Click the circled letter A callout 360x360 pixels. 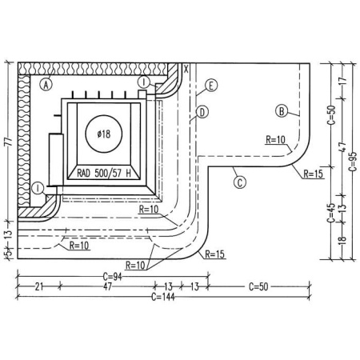46,85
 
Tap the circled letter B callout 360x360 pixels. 282,111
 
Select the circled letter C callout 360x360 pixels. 240,182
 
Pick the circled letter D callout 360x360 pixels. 202,112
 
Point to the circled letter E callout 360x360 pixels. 211,86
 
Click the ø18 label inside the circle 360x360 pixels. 104,134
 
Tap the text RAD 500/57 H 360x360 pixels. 104,174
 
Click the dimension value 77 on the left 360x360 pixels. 9,142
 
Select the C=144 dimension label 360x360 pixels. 163,297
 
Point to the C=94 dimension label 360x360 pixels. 112,277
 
